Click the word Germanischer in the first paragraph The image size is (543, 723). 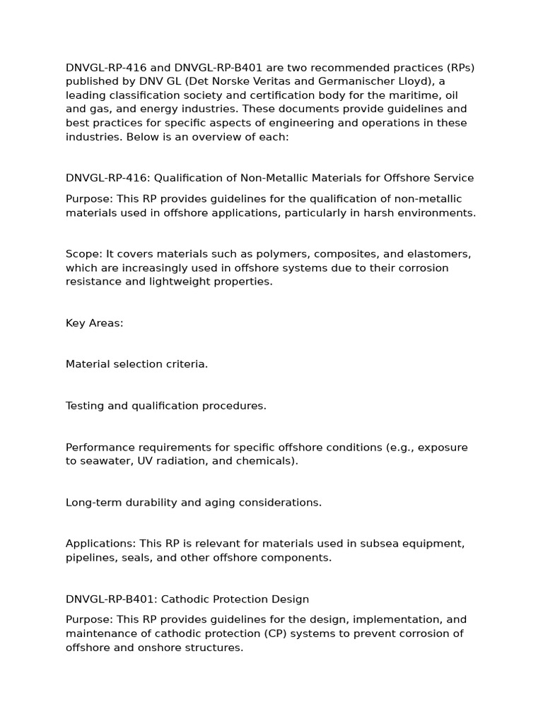click(x=366, y=81)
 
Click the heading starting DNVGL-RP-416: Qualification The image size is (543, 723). click(x=269, y=178)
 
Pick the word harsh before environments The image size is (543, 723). click(x=383, y=213)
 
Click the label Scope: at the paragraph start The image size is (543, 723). click(x=83, y=254)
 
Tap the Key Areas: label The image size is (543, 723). click(x=94, y=323)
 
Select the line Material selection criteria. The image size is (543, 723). click(x=136, y=364)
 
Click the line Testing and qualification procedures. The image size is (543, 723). click(x=166, y=406)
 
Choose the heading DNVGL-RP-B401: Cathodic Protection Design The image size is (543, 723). click(x=187, y=599)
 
